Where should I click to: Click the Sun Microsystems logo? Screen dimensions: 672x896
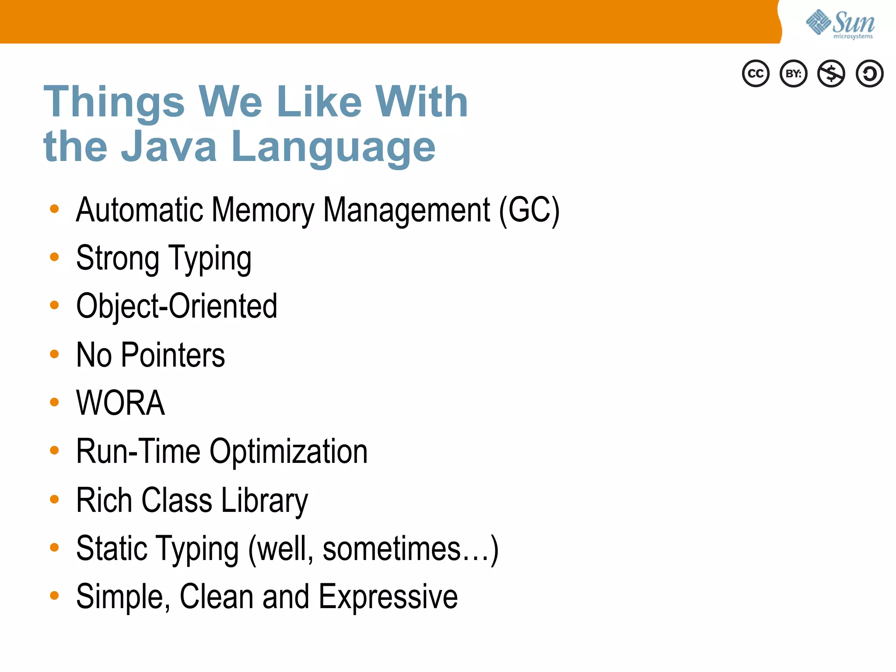[x=840, y=24]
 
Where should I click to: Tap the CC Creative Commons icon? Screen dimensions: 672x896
[x=756, y=73]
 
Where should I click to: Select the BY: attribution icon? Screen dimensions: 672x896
[x=793, y=73]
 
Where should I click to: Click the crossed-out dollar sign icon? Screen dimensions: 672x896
[x=831, y=73]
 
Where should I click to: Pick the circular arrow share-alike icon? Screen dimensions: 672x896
[x=869, y=73]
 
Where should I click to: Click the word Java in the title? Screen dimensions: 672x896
[x=169, y=147]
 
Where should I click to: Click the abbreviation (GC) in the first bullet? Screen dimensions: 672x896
[x=529, y=211]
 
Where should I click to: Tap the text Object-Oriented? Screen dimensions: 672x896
[x=177, y=306]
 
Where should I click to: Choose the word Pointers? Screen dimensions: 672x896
[x=173, y=355]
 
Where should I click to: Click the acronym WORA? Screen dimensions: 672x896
[x=120, y=403]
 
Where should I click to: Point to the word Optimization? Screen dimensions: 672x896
[x=288, y=452]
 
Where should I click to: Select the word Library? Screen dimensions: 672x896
[x=265, y=501]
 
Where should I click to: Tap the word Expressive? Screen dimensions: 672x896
[x=388, y=597]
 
